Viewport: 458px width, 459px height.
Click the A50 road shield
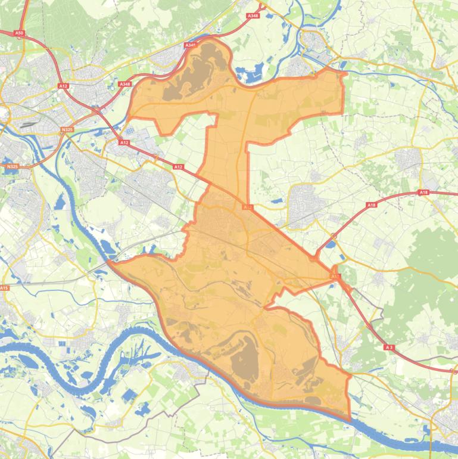(x=20, y=33)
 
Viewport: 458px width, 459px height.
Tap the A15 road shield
(x=5, y=288)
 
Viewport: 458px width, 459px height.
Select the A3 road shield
(x=389, y=347)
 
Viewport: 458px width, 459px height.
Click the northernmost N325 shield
(x=67, y=129)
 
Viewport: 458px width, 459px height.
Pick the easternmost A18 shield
(x=423, y=193)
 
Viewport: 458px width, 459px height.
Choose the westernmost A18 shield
(x=372, y=205)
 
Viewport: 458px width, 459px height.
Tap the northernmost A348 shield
(x=252, y=15)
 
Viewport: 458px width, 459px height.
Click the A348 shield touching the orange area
(x=190, y=45)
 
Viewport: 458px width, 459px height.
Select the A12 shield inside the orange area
(x=247, y=207)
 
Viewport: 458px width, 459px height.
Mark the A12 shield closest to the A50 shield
(x=63, y=86)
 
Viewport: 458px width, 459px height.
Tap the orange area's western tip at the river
(x=109, y=261)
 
